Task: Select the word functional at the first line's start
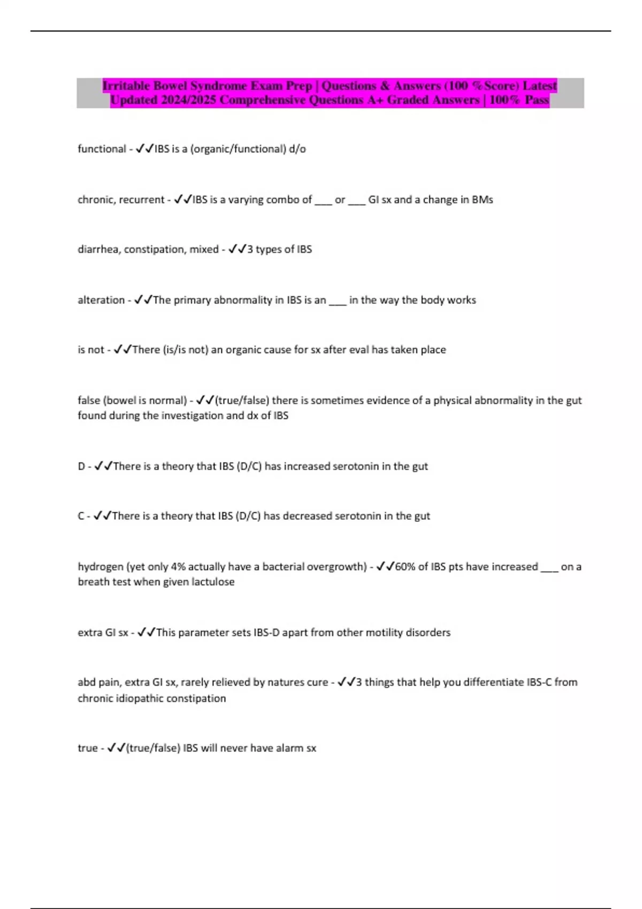pyautogui.click(x=102, y=149)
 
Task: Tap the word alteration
pyautogui.click(x=101, y=300)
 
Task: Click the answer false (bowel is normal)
pyautogui.click(x=132, y=400)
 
